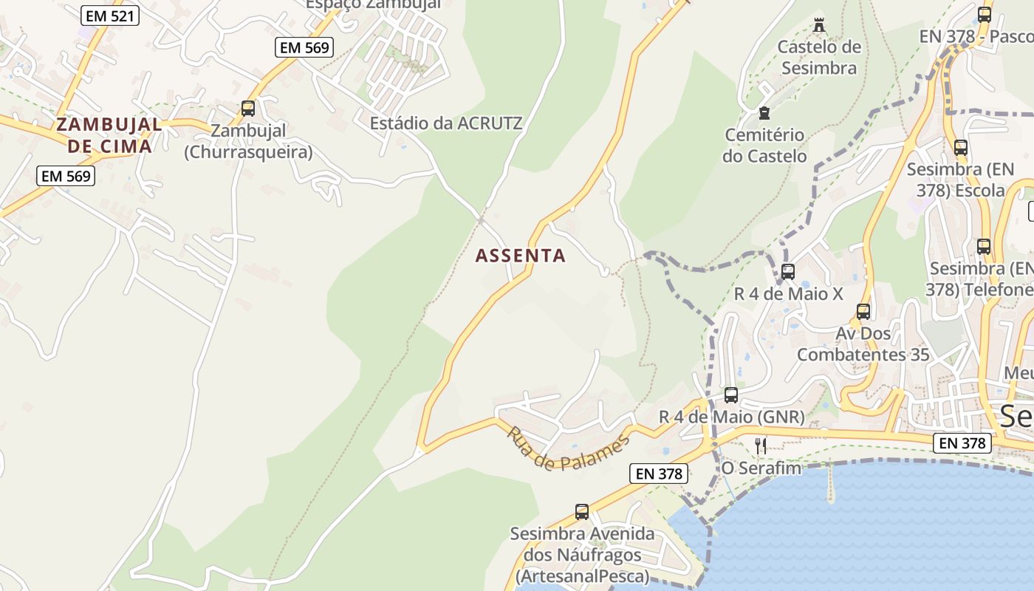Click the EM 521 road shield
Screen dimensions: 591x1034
tap(110, 15)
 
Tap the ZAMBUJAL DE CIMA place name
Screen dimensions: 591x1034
tap(109, 135)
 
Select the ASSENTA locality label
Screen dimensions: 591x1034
tap(521, 256)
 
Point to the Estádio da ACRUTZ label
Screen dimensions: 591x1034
tap(446, 123)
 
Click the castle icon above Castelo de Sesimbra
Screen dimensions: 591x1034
tap(818, 25)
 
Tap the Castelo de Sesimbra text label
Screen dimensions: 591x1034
tap(819, 58)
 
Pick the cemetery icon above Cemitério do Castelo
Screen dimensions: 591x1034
tap(764, 113)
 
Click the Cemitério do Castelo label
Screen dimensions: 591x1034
tap(764, 146)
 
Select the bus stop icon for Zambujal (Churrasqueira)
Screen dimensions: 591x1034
tap(248, 109)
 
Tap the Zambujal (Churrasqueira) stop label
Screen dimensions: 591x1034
tap(248, 142)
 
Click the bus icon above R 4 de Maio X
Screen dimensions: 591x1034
tap(788, 271)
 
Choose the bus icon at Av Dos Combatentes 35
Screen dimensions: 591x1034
tap(863, 312)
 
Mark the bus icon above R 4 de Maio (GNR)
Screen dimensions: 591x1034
tap(731, 394)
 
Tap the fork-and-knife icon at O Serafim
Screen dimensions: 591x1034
tap(761, 445)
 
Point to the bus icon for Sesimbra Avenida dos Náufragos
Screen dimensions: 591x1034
tap(582, 511)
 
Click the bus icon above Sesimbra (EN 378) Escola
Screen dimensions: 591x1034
tap(961, 147)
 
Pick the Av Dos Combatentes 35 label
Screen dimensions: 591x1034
tap(863, 344)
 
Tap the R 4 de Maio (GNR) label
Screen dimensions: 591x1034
tap(731, 417)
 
